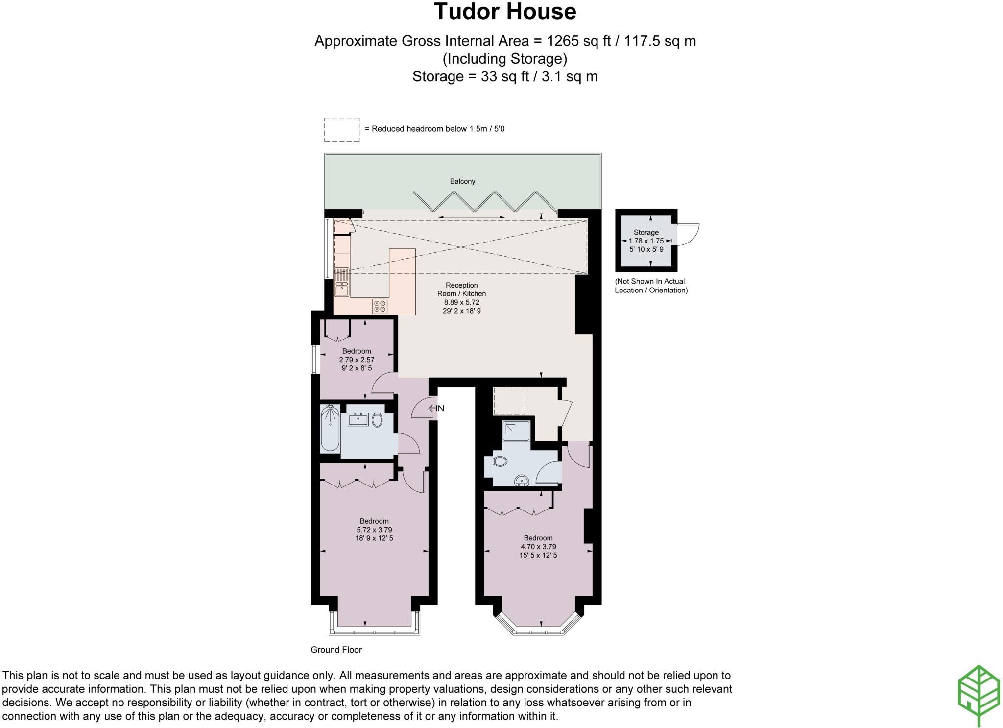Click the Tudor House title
(504, 12)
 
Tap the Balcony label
(462, 181)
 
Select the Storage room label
(646, 232)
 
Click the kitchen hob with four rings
(380, 306)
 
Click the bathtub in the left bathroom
(330, 428)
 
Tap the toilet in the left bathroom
(377, 420)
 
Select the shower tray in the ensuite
(516, 431)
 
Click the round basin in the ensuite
(522, 481)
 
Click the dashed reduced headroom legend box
(342, 130)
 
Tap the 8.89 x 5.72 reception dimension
(461, 302)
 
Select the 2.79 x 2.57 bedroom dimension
(357, 360)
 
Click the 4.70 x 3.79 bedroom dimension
(538, 547)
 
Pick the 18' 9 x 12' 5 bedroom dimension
(374, 538)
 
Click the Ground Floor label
(336, 650)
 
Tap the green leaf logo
(979, 694)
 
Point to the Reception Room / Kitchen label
(461, 290)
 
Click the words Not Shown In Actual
(650, 281)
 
